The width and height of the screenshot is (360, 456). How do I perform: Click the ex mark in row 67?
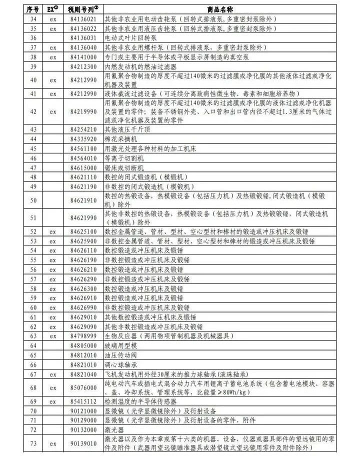click(52, 374)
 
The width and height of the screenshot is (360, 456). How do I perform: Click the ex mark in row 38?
click(52, 57)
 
